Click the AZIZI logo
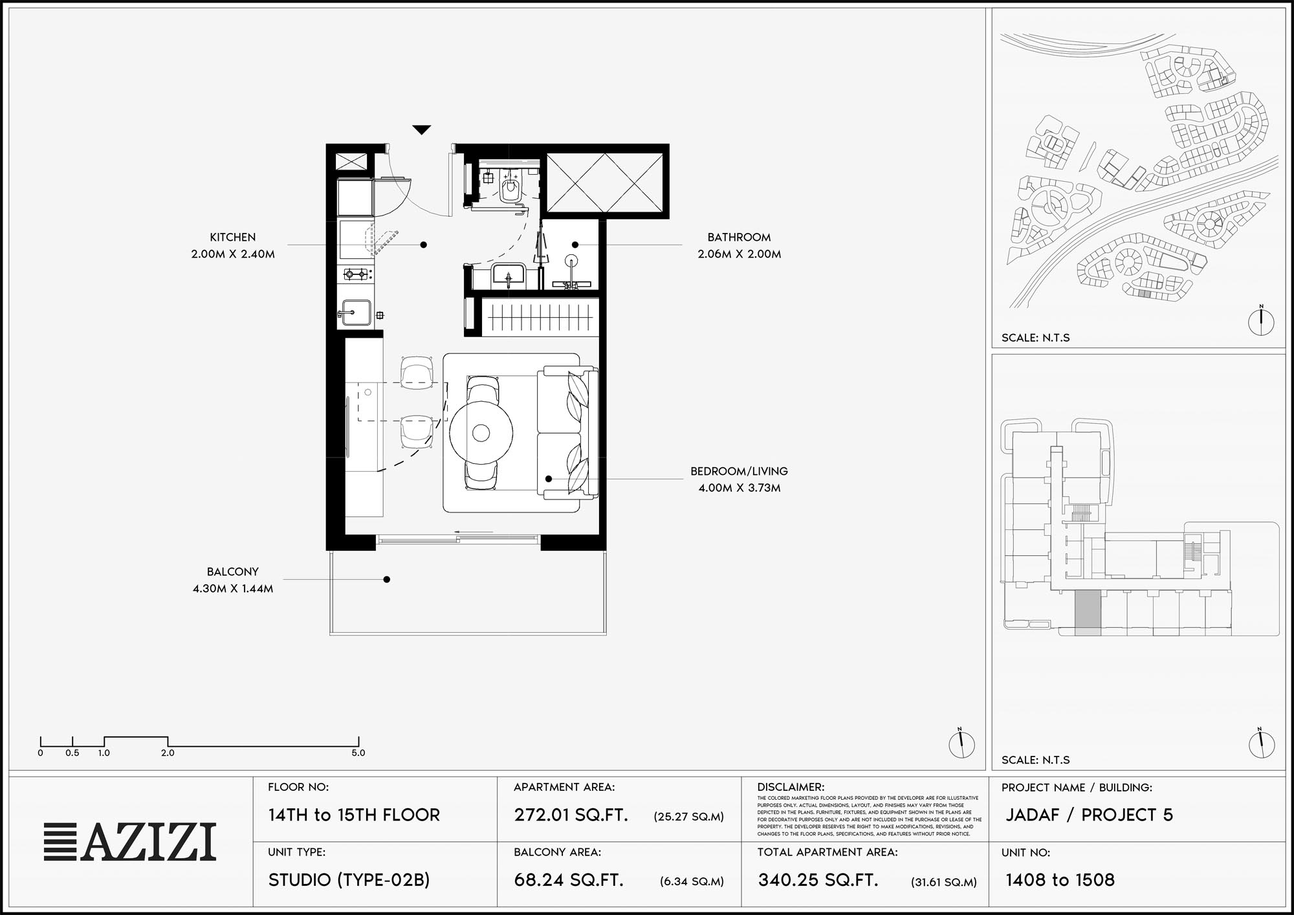coord(130,842)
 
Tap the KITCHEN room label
coord(233,237)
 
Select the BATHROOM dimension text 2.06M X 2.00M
coord(739,254)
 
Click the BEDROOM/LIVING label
coord(739,471)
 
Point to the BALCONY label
coord(233,572)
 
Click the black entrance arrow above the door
coord(422,130)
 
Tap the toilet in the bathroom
coord(510,186)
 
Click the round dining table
coord(481,433)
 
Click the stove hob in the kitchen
coord(355,274)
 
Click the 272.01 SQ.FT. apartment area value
coord(571,815)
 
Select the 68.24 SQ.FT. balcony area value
coord(569,880)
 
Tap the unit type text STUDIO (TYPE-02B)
coord(349,880)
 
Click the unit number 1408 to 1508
coord(1060,880)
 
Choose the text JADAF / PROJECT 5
coord(1089,815)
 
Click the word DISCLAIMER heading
coord(791,788)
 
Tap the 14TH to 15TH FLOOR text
coord(354,815)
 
